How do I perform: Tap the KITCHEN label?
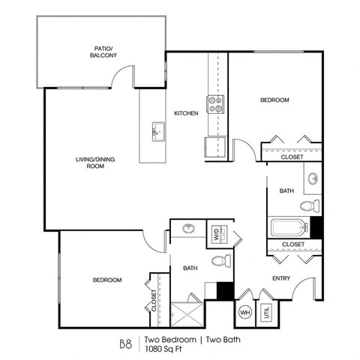(x=186, y=113)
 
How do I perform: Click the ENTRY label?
(x=280, y=277)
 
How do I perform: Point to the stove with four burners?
(x=214, y=104)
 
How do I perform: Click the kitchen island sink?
(x=157, y=132)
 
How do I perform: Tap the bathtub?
(x=289, y=226)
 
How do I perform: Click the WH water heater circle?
(x=244, y=313)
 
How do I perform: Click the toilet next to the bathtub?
(x=308, y=205)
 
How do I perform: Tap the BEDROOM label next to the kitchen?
(x=274, y=100)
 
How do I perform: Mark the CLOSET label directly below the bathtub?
(x=292, y=244)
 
